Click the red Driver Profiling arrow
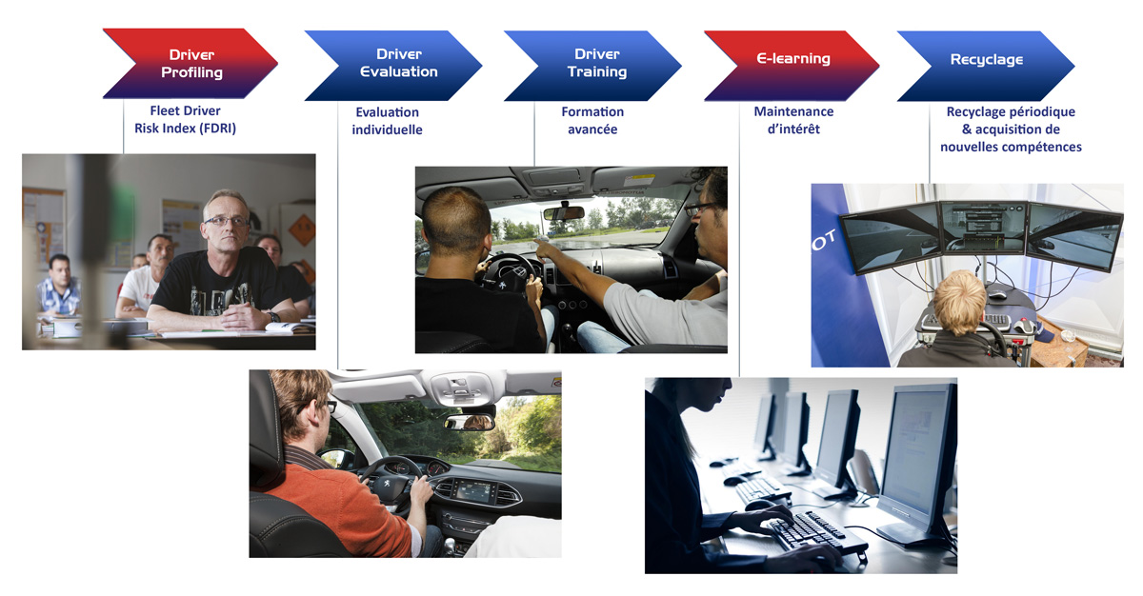click(x=191, y=64)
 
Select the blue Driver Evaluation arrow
click(x=394, y=66)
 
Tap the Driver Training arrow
click(x=593, y=66)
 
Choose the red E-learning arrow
click(x=792, y=66)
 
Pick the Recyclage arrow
click(x=987, y=66)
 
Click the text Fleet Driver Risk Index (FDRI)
click(x=185, y=119)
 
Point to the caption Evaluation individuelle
click(x=388, y=121)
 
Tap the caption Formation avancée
click(x=592, y=120)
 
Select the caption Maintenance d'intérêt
click(x=793, y=120)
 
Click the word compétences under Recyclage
click(x=1039, y=148)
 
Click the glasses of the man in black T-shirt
click(x=226, y=221)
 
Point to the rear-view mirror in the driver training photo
click(x=563, y=212)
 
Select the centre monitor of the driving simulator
click(x=983, y=228)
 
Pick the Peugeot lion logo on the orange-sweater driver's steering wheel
click(x=388, y=482)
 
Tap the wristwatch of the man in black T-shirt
click(x=273, y=317)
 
